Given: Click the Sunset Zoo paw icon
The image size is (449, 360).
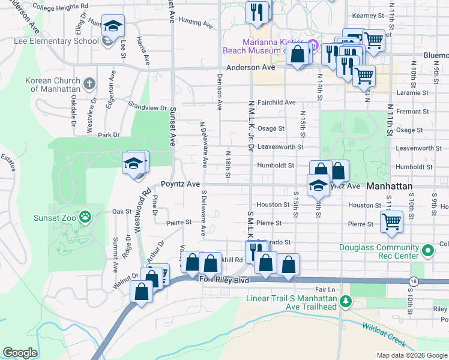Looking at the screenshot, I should pos(86,215).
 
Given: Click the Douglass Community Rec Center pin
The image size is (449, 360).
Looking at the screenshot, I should pos(427,250).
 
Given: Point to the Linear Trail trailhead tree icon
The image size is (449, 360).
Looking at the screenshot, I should pos(345,301).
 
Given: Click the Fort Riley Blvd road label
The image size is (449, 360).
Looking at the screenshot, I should pos(224,280).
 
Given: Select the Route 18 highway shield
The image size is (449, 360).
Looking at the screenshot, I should pos(413,281).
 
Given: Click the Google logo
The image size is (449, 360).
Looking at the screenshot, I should pos(20,353).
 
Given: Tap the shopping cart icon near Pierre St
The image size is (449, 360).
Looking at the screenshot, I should pos(391,221).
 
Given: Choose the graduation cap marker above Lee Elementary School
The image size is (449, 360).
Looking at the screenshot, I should pos(112,26).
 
